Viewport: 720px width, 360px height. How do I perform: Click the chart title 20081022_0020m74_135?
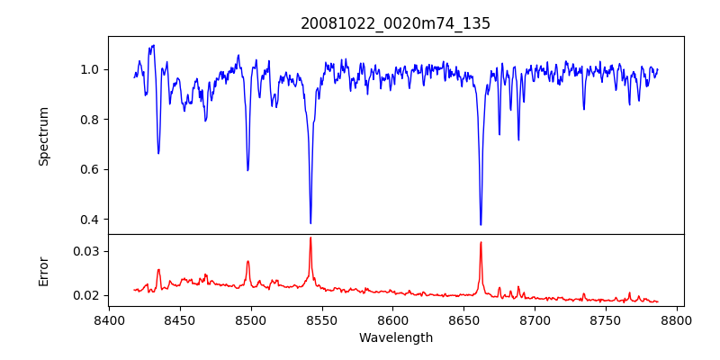click(x=395, y=23)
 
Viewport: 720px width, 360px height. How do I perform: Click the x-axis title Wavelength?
click(x=395, y=338)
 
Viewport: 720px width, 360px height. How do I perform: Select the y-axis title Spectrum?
click(x=43, y=136)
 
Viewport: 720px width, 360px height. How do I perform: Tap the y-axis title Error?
click(x=43, y=271)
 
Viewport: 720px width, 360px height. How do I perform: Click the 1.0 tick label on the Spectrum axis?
click(x=90, y=70)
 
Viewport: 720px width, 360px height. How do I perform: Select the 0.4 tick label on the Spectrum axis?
click(x=90, y=220)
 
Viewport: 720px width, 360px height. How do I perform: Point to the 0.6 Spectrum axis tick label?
click(x=90, y=170)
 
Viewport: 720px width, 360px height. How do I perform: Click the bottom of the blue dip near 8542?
click(x=310, y=222)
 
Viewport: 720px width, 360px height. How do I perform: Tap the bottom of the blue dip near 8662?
click(x=481, y=224)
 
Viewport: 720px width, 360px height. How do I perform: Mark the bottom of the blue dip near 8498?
click(x=247, y=169)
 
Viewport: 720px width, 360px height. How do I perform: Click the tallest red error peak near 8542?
click(x=310, y=238)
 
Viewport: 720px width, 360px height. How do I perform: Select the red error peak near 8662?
click(x=481, y=242)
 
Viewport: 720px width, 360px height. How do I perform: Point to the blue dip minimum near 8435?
click(x=158, y=152)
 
